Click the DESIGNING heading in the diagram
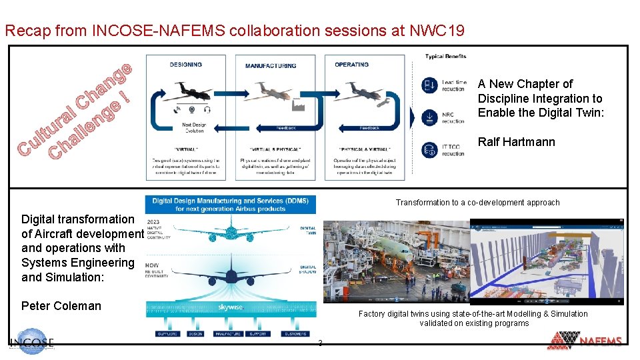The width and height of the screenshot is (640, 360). pyautogui.click(x=186, y=65)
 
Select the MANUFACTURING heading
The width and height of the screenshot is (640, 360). pyautogui.click(x=271, y=65)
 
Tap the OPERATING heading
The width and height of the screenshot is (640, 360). pyautogui.click(x=351, y=65)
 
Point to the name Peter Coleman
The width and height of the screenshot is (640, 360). pyautogui.click(x=61, y=306)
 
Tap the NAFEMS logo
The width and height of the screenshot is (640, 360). pyautogui.click(x=585, y=341)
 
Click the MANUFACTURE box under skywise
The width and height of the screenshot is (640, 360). pyautogui.click(x=229, y=333)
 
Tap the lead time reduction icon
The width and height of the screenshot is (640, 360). pyautogui.click(x=430, y=85)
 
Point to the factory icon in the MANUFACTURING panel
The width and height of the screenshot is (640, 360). pyautogui.click(x=298, y=105)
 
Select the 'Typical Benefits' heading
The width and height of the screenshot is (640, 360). pyautogui.click(x=445, y=56)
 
